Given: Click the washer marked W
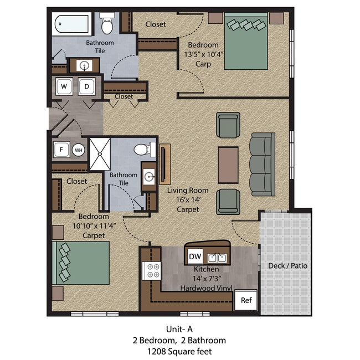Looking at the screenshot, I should click(x=64, y=86).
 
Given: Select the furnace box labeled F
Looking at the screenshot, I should click(x=60, y=150).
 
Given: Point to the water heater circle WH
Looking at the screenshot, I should click(x=78, y=150).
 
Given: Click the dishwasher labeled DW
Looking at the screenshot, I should click(x=195, y=256).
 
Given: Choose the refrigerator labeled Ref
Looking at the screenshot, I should click(x=246, y=301).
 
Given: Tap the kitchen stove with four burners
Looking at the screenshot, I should click(x=152, y=271).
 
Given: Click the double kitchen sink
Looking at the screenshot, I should click(x=217, y=258).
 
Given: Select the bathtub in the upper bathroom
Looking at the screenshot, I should click(x=71, y=25).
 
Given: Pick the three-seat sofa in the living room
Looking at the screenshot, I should click(x=262, y=164).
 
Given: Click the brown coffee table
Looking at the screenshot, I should click(x=228, y=164).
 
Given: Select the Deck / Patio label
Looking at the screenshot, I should click(x=287, y=266).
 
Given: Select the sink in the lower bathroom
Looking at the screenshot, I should click(x=148, y=177).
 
